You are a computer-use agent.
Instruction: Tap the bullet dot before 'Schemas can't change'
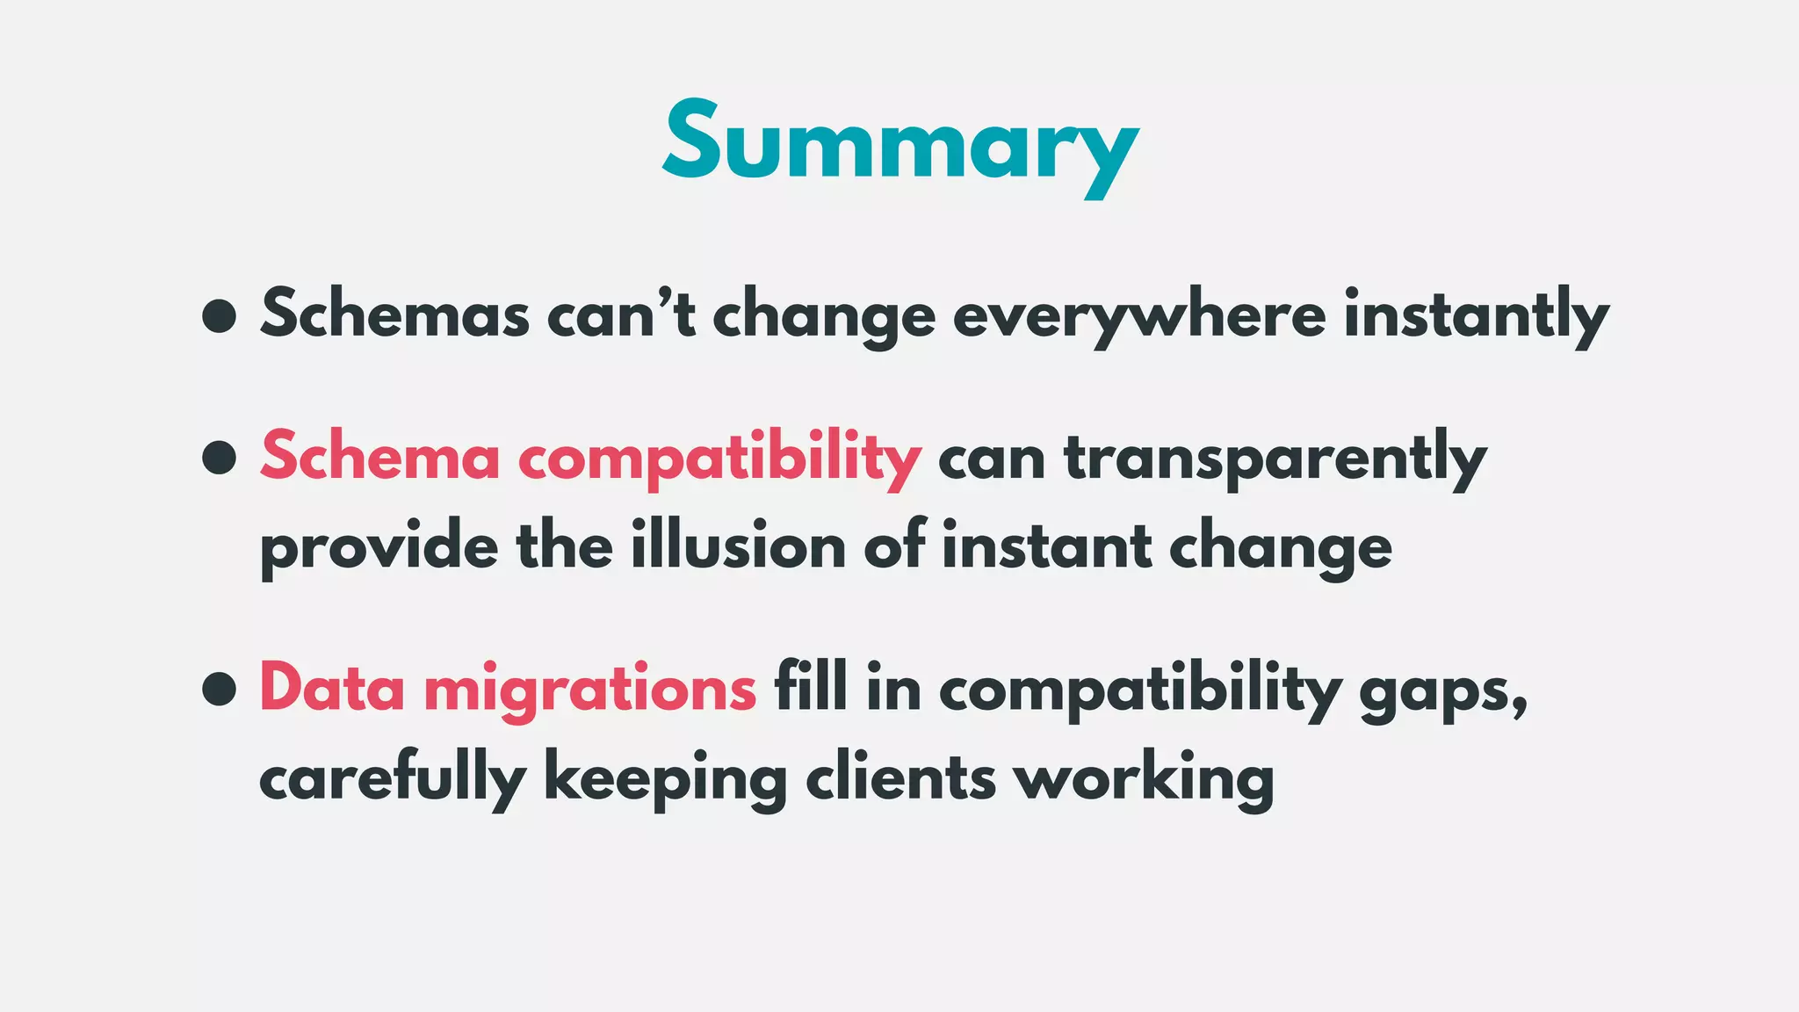(x=219, y=315)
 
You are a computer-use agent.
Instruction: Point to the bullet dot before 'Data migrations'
(x=219, y=689)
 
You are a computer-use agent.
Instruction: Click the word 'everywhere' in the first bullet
(x=1138, y=315)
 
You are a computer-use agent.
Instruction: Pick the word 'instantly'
(x=1476, y=315)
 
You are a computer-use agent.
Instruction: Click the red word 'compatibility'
(x=719, y=459)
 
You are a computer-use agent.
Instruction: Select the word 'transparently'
(x=1275, y=459)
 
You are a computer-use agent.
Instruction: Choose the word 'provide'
(x=379, y=547)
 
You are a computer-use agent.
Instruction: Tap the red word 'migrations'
(x=589, y=690)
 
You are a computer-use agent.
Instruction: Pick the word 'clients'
(x=900, y=777)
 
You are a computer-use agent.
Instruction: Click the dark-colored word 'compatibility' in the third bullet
(x=1140, y=690)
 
